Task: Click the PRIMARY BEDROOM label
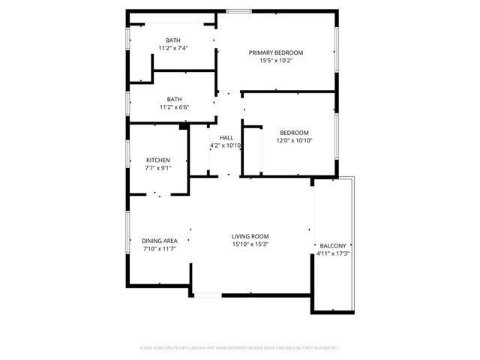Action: click(276, 52)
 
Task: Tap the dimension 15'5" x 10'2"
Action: click(276, 61)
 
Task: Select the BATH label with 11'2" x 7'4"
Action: click(173, 40)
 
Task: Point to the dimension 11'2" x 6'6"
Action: click(173, 107)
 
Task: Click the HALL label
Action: click(226, 137)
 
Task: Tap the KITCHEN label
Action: click(157, 160)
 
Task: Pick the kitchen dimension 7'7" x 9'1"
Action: click(157, 168)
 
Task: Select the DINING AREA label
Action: click(159, 241)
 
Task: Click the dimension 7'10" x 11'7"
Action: click(159, 249)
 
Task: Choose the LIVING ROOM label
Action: click(250, 235)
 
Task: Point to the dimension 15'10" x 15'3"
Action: click(250, 244)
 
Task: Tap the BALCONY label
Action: click(333, 246)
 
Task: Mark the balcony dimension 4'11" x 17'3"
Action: click(333, 254)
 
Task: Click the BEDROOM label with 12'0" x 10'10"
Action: click(294, 132)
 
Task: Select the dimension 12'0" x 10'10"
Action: click(294, 140)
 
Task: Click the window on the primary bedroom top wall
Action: click(238, 10)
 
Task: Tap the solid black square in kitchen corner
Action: click(184, 128)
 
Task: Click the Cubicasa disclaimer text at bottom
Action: click(240, 348)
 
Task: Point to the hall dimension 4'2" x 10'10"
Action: click(226, 145)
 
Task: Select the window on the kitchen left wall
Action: click(127, 158)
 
